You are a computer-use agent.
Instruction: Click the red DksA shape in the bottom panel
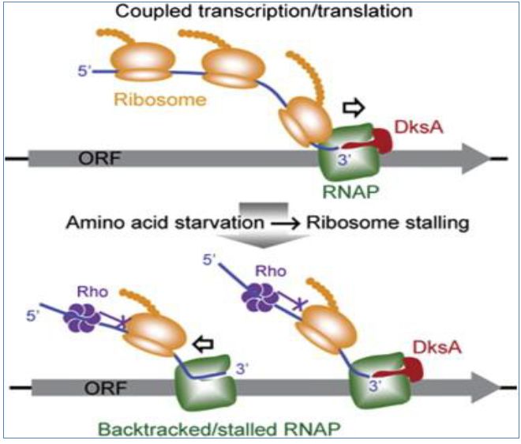click(x=404, y=358)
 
